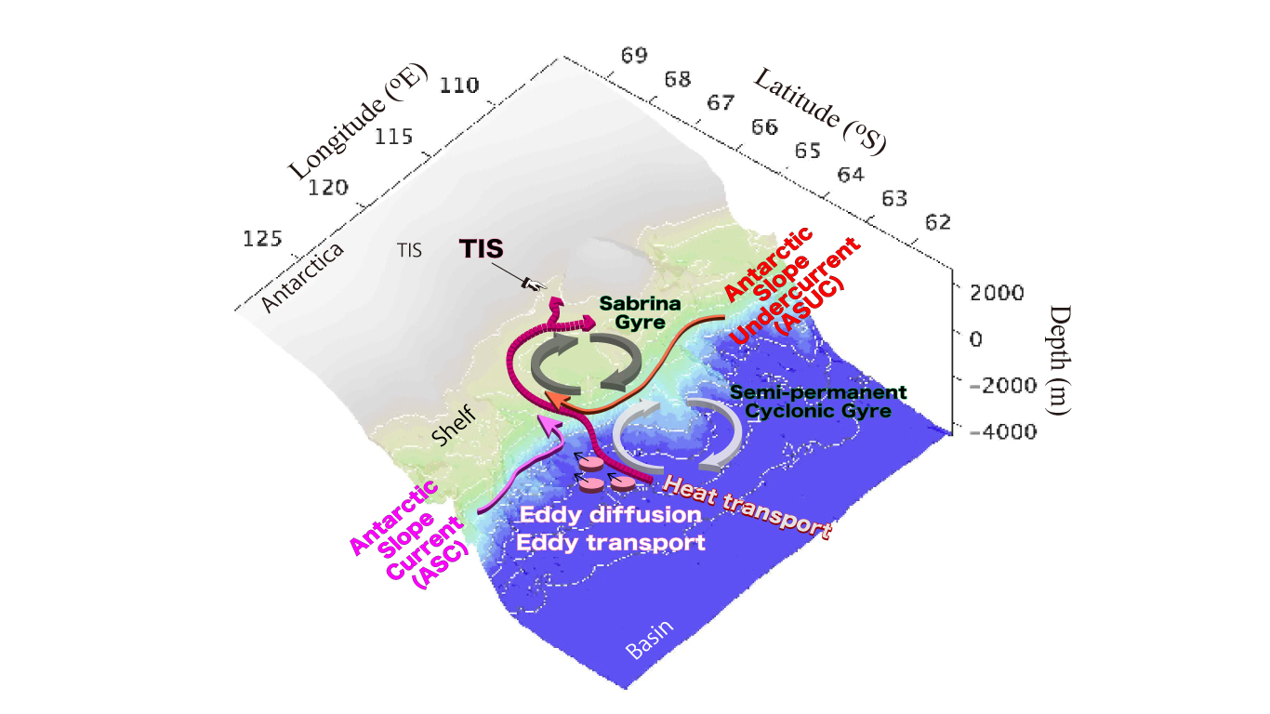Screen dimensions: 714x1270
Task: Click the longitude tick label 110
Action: click(x=460, y=86)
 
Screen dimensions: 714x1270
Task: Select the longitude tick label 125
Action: click(x=263, y=239)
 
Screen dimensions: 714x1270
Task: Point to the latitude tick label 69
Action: click(x=635, y=56)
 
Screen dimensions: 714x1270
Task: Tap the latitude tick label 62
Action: click(x=938, y=221)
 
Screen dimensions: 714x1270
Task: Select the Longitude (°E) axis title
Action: click(x=355, y=123)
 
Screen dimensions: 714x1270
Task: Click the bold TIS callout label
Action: click(x=482, y=248)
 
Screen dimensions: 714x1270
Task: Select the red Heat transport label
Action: click(x=749, y=507)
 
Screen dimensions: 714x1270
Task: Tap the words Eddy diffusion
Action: click(x=610, y=514)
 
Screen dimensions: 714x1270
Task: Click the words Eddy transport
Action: click(x=612, y=543)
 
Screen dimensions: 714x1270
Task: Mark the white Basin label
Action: click(x=650, y=639)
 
